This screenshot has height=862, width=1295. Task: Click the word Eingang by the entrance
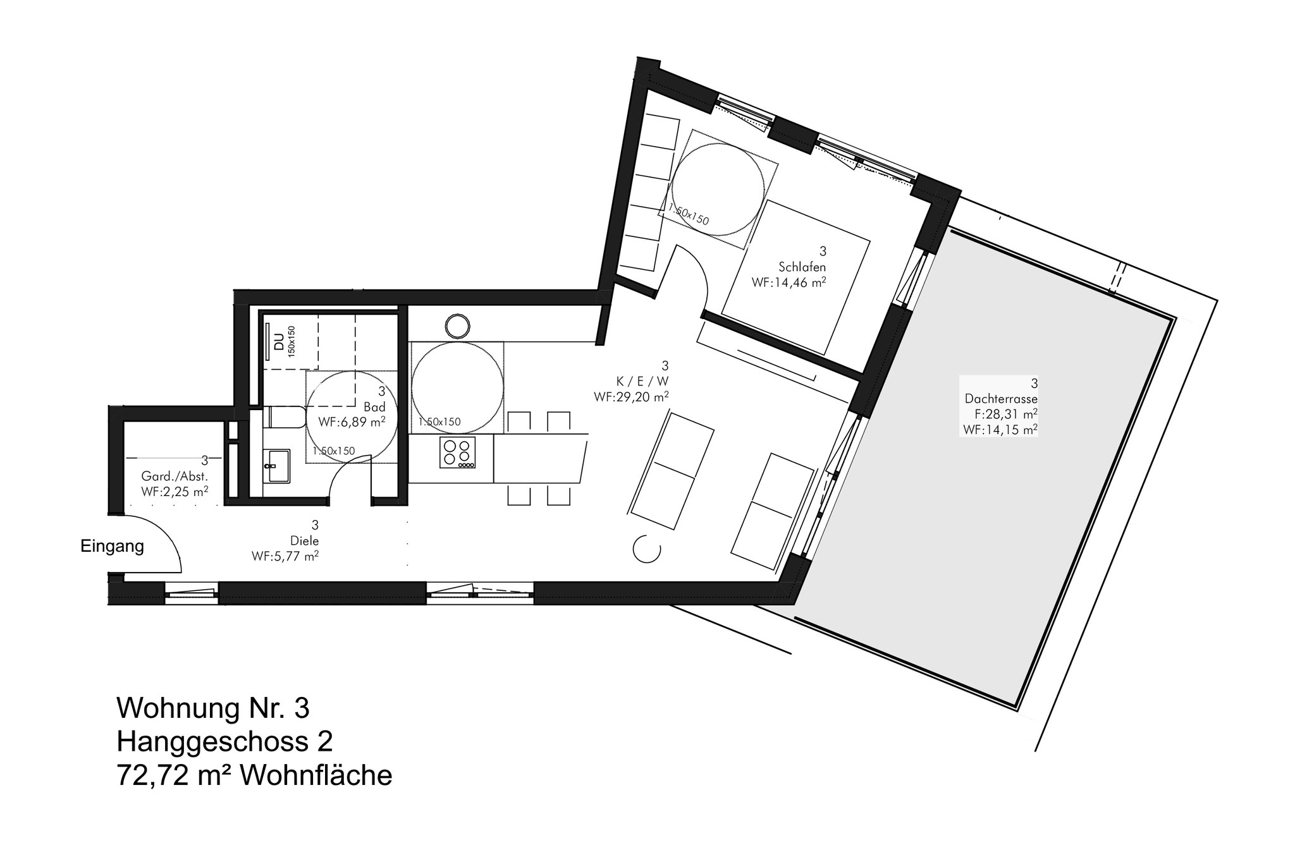[x=112, y=547]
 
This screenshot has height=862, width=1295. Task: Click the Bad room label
[x=375, y=407]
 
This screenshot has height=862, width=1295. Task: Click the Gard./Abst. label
[x=175, y=477]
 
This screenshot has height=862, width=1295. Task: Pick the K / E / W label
[x=642, y=381]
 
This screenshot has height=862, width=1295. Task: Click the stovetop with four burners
[x=458, y=452]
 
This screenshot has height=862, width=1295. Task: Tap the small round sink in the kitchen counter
[x=457, y=326]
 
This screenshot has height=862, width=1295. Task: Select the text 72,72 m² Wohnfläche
[x=254, y=775]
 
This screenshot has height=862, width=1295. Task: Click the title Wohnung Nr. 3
[x=213, y=708]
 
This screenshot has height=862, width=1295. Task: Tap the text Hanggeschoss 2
[x=224, y=742]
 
